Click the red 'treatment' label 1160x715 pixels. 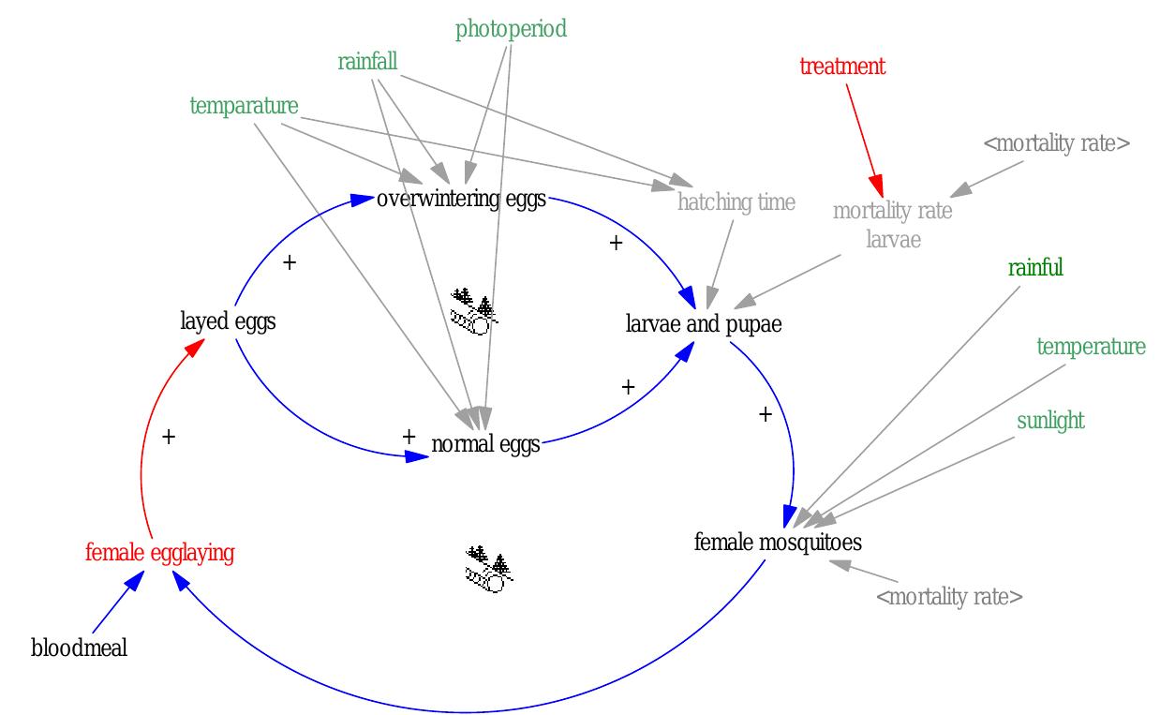[841, 67]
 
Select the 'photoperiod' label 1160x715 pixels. [511, 29]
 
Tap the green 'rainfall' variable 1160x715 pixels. [367, 62]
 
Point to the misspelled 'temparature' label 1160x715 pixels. [244, 106]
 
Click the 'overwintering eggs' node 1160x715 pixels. [461, 200]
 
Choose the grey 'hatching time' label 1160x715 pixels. [736, 201]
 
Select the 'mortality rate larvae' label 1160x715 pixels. [892, 224]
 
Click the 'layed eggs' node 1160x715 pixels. [228, 321]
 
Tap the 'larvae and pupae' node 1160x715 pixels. [703, 324]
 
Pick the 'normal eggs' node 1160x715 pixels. [485, 443]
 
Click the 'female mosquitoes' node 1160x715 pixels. [778, 542]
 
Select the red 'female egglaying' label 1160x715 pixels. [159, 553]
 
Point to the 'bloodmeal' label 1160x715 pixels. [79, 648]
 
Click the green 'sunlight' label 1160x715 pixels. [1050, 421]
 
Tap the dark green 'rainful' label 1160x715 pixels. [1035, 268]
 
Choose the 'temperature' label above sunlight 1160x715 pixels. [1091, 347]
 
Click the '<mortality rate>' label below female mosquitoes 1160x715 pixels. [948, 597]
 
